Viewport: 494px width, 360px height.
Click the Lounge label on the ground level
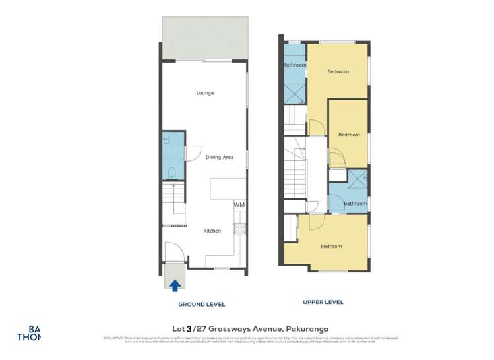[x=205, y=93]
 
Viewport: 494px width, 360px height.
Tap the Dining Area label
[x=220, y=157]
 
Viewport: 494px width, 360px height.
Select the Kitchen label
[x=212, y=231]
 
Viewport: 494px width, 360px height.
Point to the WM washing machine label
[x=239, y=205]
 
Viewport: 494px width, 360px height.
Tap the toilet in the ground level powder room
[x=171, y=173]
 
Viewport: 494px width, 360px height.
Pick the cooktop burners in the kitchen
[x=241, y=230]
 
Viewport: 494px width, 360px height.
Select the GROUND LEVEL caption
[x=202, y=305]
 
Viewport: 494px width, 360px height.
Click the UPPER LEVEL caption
[x=323, y=302]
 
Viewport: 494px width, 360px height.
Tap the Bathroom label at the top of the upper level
[x=294, y=65]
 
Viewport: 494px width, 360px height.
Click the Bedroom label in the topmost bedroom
[x=338, y=71]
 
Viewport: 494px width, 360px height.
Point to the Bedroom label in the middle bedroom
[x=349, y=135]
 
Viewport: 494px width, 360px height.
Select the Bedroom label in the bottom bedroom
[x=331, y=246]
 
